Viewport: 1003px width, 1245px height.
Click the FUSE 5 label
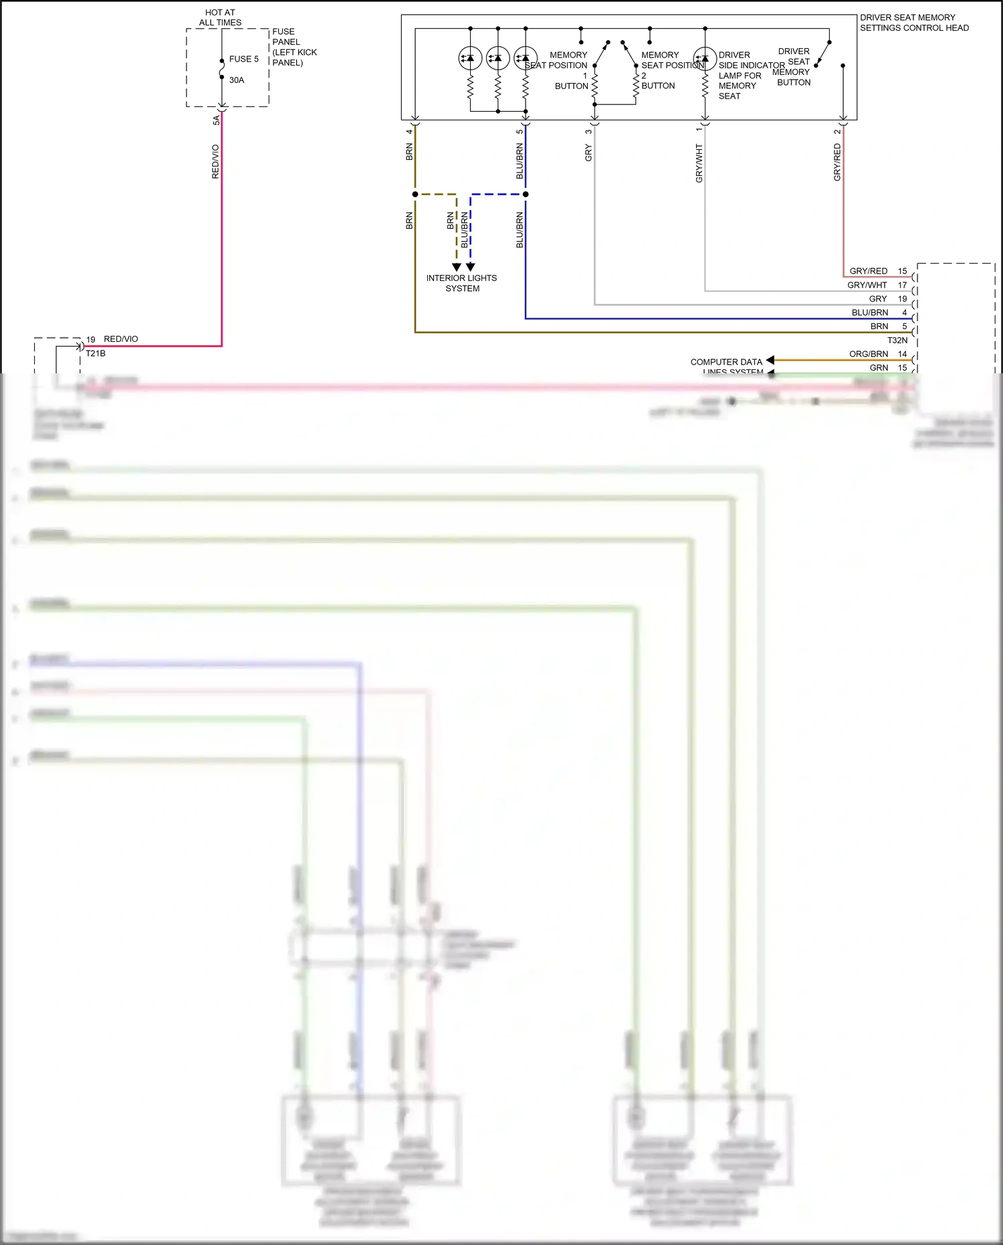243,59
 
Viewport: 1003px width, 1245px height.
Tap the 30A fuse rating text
237,80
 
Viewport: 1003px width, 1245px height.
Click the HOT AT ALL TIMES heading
220,17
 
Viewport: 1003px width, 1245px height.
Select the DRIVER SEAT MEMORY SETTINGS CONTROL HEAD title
913,23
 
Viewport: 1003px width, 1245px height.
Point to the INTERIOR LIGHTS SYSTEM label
461,283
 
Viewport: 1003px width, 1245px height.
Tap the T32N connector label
897,341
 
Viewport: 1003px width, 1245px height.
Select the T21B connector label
96,353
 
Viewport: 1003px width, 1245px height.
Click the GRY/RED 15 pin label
877,271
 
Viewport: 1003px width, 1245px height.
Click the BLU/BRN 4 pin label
878,312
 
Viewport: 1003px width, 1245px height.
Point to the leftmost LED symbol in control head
470,58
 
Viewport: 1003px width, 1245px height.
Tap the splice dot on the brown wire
415,194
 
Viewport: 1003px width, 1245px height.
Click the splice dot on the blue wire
526,194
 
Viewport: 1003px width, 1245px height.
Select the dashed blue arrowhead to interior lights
471,267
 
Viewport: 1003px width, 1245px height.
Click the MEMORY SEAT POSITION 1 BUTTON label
569,70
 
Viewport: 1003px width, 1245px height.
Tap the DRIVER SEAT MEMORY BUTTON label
793,66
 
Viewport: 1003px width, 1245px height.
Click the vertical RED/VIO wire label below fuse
215,161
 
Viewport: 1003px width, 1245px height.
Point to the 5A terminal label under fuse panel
216,120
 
